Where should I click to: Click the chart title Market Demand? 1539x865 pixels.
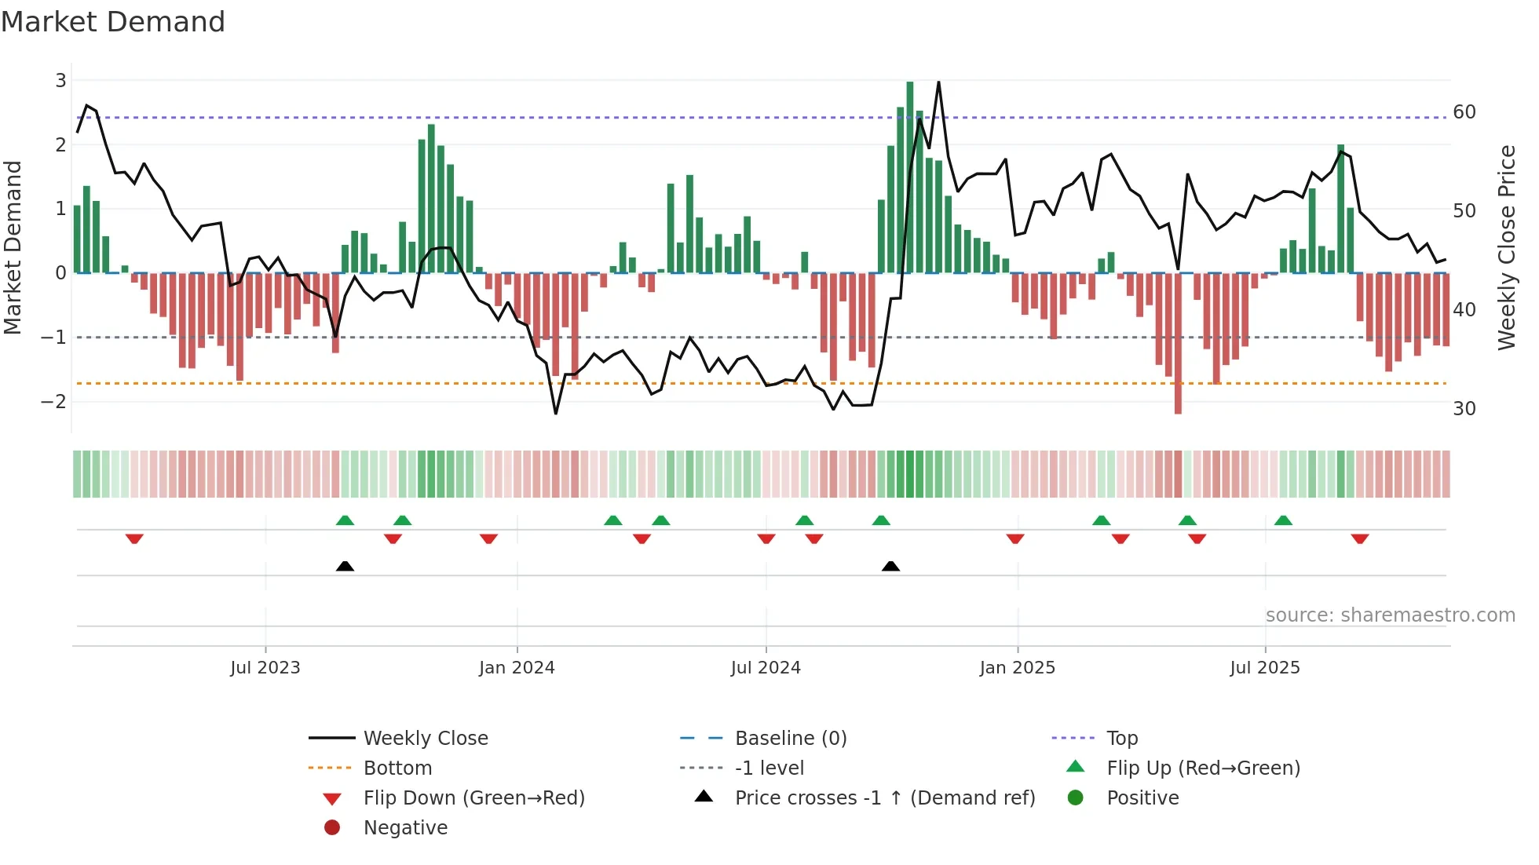coord(113,22)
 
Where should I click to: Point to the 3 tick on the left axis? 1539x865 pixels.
coord(60,80)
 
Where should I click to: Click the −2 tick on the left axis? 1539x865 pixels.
coord(54,402)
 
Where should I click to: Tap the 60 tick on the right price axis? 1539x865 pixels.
coord(1464,112)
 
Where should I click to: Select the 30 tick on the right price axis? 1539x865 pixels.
coord(1464,409)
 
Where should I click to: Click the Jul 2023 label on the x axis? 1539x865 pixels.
coord(265,668)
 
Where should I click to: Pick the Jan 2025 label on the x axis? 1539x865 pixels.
coord(1018,668)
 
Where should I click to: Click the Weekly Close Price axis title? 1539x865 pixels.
coord(1506,247)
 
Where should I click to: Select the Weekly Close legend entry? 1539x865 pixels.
coord(426,739)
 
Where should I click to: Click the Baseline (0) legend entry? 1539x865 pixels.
coord(791,739)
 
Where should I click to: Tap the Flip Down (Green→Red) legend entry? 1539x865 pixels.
coord(473,798)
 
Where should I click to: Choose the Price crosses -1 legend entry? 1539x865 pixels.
coord(885,798)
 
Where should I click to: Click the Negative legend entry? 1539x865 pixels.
coord(405,828)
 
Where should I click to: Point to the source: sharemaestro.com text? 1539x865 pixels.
coord(1390,615)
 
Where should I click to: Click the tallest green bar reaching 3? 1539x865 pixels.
coord(910,177)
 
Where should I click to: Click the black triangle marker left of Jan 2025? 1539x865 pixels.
coord(890,566)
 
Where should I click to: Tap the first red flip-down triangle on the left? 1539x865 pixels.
coord(134,538)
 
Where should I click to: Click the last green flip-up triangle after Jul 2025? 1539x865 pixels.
coord(1283,520)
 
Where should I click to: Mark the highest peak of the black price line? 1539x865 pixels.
coord(938,82)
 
